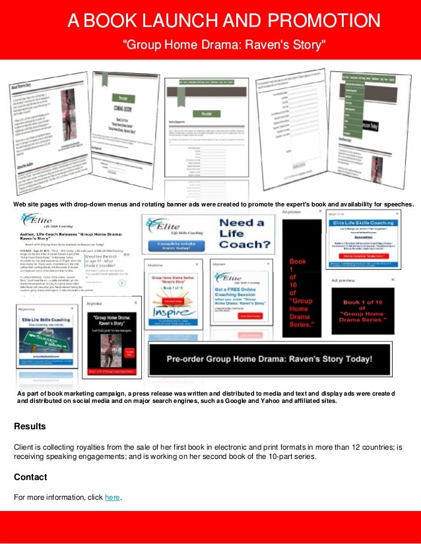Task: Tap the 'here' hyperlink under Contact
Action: [112, 497]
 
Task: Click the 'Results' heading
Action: [30, 427]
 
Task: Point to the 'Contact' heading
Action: [30, 477]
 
